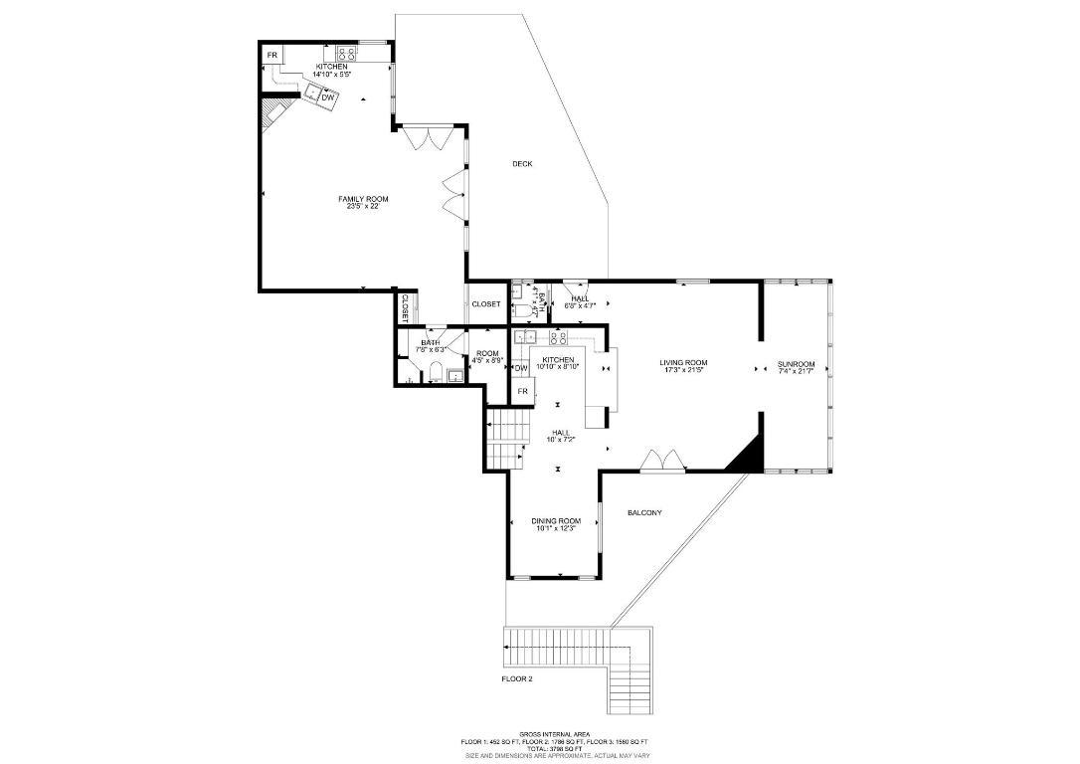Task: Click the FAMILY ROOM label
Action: click(x=363, y=199)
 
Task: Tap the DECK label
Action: click(x=523, y=163)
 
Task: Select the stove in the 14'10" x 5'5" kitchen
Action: click(x=346, y=54)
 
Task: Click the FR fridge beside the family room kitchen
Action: click(x=271, y=54)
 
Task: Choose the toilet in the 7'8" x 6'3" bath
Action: click(x=435, y=374)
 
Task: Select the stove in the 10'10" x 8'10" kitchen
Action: click(x=558, y=338)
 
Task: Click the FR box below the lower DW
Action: click(x=522, y=392)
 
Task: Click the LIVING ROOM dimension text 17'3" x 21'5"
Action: click(x=683, y=370)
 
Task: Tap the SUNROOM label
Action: click(x=796, y=365)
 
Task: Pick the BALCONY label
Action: click(x=644, y=513)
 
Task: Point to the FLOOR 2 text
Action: click(x=517, y=679)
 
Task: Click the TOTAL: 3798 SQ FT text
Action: click(x=556, y=748)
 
